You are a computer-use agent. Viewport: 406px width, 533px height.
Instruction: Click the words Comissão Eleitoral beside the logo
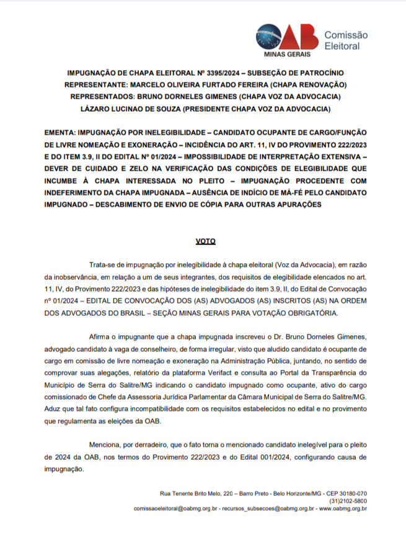click(346, 41)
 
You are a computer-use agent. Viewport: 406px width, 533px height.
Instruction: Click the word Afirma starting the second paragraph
click(100, 336)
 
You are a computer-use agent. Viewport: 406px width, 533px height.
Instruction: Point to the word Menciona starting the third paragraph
click(105, 444)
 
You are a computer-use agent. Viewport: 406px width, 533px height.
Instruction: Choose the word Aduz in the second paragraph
click(53, 408)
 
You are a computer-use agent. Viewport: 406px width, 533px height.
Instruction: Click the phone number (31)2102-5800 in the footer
click(348, 501)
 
